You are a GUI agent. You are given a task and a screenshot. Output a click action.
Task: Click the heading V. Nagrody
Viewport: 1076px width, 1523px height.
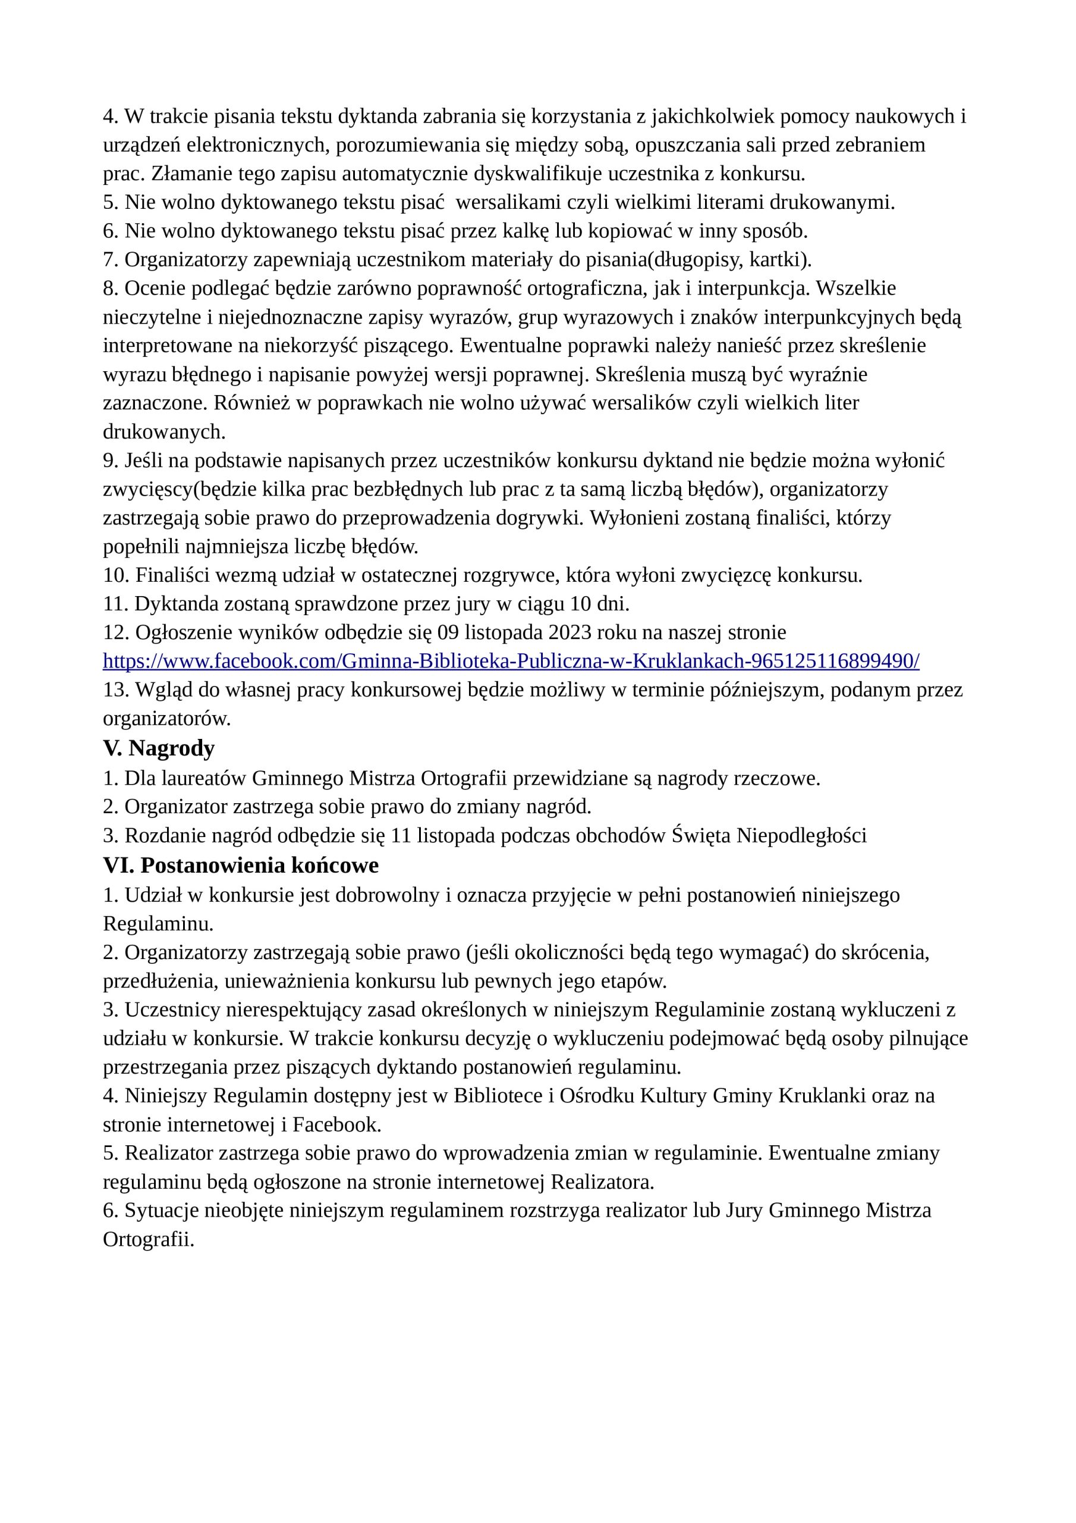click(x=159, y=748)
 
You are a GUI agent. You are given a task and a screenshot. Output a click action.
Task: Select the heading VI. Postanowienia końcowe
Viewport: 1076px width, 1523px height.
click(x=241, y=865)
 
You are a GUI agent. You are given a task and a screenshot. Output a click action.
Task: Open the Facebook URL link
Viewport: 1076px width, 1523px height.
click(x=511, y=661)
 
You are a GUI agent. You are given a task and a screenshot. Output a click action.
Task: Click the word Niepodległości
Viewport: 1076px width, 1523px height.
click(x=802, y=835)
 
